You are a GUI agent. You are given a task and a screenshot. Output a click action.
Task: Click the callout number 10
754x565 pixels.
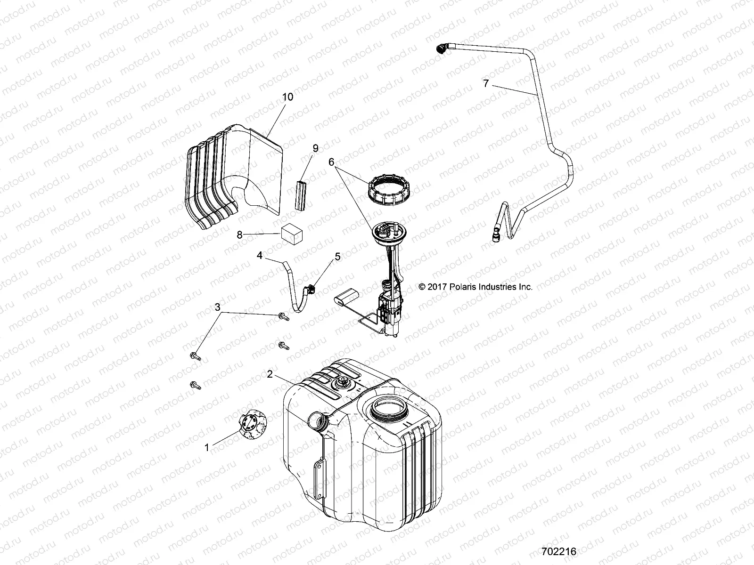[x=287, y=97]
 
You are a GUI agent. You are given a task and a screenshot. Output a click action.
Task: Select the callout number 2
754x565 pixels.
[x=270, y=374]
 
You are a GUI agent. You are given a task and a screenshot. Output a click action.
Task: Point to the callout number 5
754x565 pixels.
[x=337, y=257]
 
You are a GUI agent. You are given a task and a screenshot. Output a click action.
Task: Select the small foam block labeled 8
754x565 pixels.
[x=292, y=234]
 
